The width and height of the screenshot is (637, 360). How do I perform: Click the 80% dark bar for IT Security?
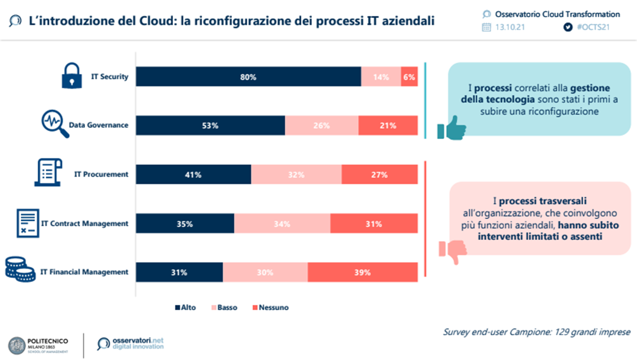(x=248, y=77)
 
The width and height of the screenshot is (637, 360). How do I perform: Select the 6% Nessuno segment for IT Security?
(x=409, y=77)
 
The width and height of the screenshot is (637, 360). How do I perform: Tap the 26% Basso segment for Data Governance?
(x=322, y=126)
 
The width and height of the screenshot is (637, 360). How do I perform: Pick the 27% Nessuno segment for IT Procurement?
(x=380, y=175)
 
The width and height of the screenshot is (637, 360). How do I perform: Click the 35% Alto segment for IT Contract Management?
(x=185, y=224)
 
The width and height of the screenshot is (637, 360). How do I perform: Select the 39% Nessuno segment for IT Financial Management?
(x=363, y=272)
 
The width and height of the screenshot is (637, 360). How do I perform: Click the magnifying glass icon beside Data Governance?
(x=55, y=124)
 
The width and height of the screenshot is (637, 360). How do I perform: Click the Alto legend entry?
(x=185, y=307)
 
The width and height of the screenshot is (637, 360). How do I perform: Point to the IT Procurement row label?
(x=102, y=174)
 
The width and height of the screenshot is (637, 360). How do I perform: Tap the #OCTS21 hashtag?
(x=592, y=28)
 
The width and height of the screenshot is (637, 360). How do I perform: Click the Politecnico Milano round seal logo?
(x=18, y=345)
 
